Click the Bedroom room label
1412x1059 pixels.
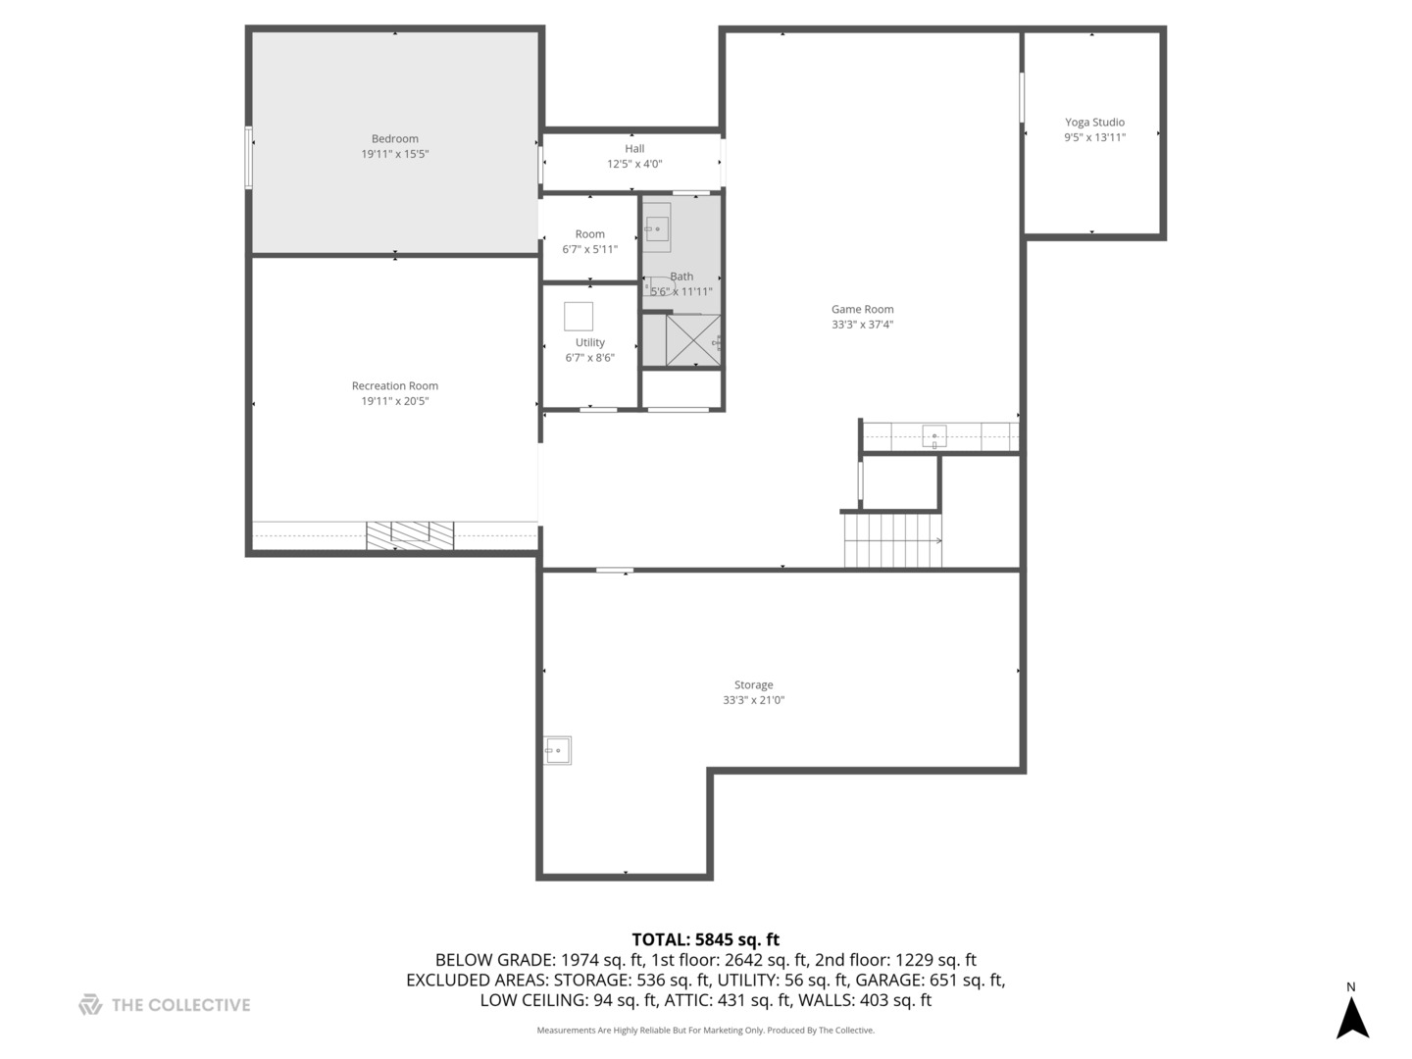tap(394, 139)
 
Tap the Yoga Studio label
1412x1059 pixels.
tap(1094, 123)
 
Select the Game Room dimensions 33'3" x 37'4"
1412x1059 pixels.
tap(862, 325)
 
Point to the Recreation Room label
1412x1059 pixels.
tap(394, 386)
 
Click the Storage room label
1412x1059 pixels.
tap(753, 685)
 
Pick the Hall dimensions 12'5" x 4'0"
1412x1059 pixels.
tap(634, 164)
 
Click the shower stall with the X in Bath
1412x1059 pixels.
tap(692, 340)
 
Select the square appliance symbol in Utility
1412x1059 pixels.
tap(579, 317)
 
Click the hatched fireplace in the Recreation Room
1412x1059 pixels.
tap(410, 535)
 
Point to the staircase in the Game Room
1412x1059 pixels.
tap(892, 540)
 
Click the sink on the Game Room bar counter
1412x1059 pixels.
tap(934, 436)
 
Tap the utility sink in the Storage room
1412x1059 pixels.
tap(557, 750)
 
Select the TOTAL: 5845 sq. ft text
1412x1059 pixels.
tap(705, 939)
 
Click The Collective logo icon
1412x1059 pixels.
tap(90, 1004)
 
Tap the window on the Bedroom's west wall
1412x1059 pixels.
tap(249, 157)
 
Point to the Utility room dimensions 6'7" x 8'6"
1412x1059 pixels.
tap(589, 358)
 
